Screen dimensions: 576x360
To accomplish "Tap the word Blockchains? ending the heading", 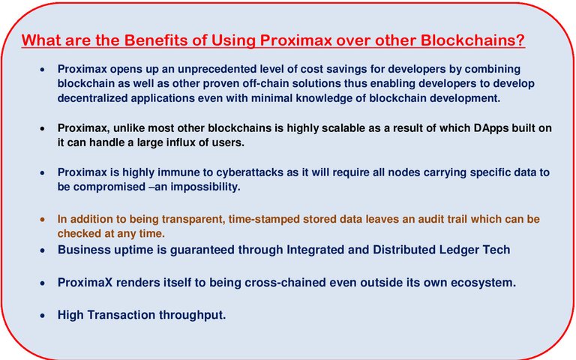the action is (x=472, y=40).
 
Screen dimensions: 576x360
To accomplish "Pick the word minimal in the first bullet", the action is (x=272, y=98).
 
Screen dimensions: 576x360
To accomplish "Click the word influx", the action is (x=181, y=142).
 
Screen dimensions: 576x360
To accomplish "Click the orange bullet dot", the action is (x=43, y=219).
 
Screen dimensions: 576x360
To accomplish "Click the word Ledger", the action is (x=459, y=250).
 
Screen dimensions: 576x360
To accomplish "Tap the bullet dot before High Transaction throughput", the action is (x=43, y=315).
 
